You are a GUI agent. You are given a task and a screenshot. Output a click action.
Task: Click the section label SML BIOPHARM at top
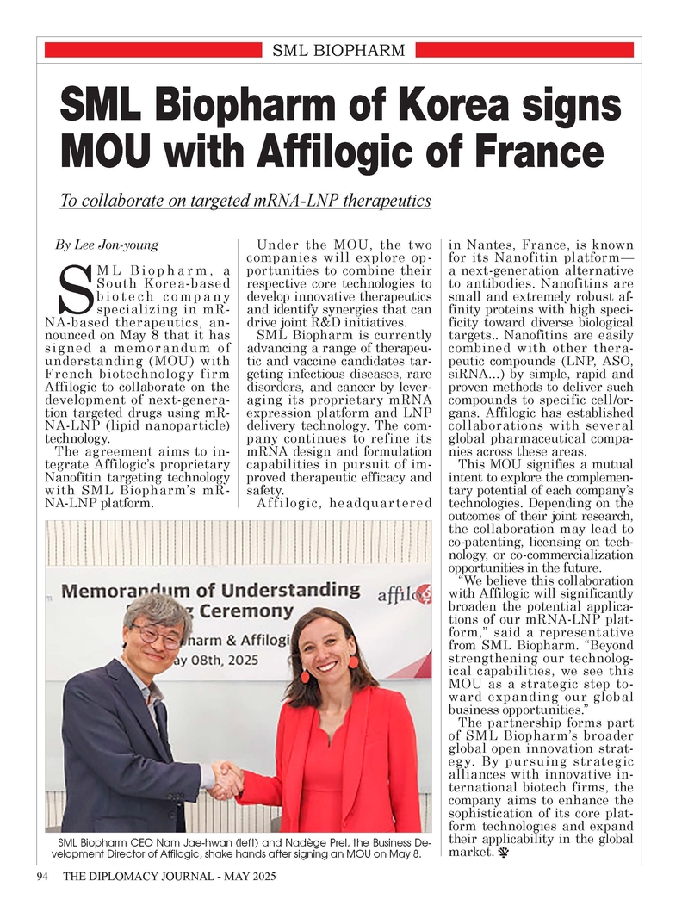[338, 51]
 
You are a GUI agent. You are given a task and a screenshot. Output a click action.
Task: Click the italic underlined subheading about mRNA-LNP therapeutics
[245, 201]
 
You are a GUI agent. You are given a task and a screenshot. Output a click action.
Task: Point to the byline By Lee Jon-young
[107, 245]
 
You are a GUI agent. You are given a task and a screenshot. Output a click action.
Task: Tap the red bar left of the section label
[152, 51]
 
